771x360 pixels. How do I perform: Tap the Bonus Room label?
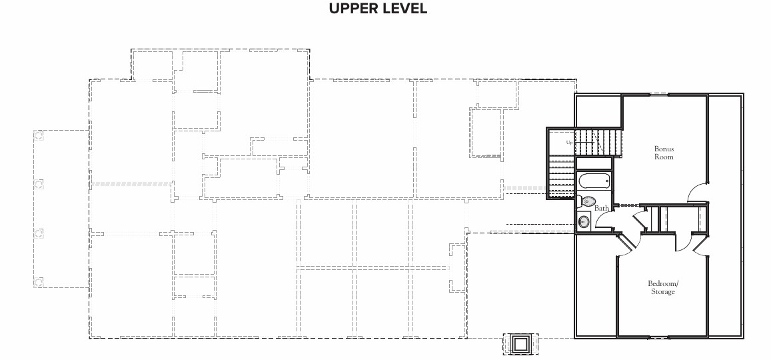664,153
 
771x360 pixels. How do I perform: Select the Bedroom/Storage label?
663,287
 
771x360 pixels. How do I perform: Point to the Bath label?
602,208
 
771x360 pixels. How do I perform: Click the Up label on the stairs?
569,143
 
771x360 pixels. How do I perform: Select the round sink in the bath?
584,222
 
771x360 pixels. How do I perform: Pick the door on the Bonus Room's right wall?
697,192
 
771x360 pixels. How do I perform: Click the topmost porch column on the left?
39,135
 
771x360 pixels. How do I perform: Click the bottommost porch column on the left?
39,282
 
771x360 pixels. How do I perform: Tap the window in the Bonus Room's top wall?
660,93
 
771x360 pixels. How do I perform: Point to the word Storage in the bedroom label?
663,291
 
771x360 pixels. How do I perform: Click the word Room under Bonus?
664,157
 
